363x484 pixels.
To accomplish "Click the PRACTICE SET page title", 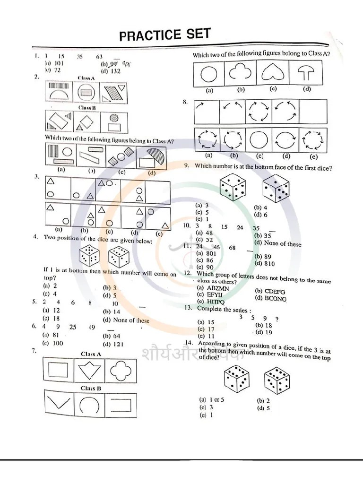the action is [x=164, y=35].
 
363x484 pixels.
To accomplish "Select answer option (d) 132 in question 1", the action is [x=111, y=71].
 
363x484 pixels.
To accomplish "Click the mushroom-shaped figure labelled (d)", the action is [x=307, y=74].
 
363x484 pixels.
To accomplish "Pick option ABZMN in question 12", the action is [x=211, y=287].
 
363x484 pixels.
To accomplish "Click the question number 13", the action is [x=188, y=308].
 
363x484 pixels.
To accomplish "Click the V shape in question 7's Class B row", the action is [x=58, y=404].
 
